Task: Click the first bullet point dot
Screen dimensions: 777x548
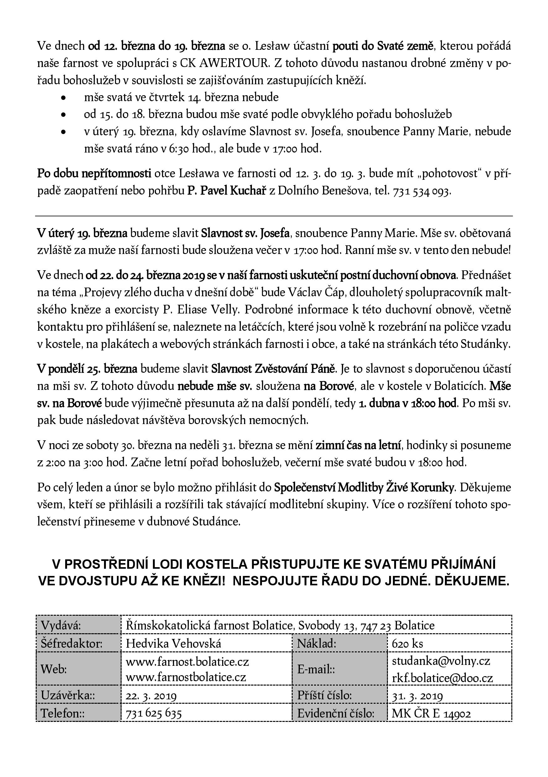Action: pyautogui.click(x=63, y=98)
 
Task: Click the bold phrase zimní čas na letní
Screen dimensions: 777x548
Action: pyautogui.click(x=358, y=445)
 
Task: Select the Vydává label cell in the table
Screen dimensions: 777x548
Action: pyautogui.click(x=61, y=625)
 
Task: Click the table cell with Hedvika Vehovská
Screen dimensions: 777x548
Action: pyautogui.click(x=173, y=643)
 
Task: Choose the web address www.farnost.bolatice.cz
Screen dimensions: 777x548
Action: pyautogui.click(x=187, y=661)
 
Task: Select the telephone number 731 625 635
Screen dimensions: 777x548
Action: pyautogui.click(x=154, y=714)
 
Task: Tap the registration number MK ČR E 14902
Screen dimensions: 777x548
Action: pyautogui.click(x=431, y=714)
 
